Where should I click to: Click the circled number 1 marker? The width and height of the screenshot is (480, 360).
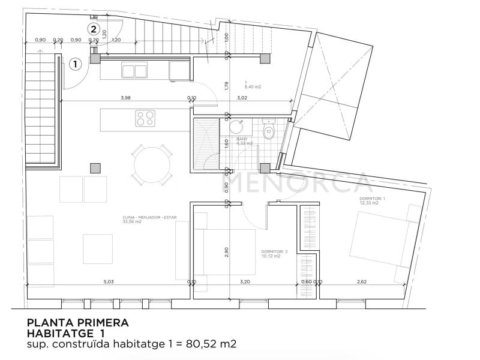pos(76,62)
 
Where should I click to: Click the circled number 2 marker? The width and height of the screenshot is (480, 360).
pos(93,28)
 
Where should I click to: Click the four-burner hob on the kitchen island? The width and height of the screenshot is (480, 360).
pos(145,118)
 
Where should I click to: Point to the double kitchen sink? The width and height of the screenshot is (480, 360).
pos(134,71)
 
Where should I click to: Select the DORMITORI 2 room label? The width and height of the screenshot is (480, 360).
pos(274,251)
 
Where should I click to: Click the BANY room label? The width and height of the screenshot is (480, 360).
pos(242,139)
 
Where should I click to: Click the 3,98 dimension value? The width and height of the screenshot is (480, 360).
pos(125,97)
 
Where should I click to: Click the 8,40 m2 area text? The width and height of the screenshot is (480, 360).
pos(253,86)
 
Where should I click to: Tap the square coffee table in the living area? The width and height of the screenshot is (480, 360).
pos(98,248)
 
